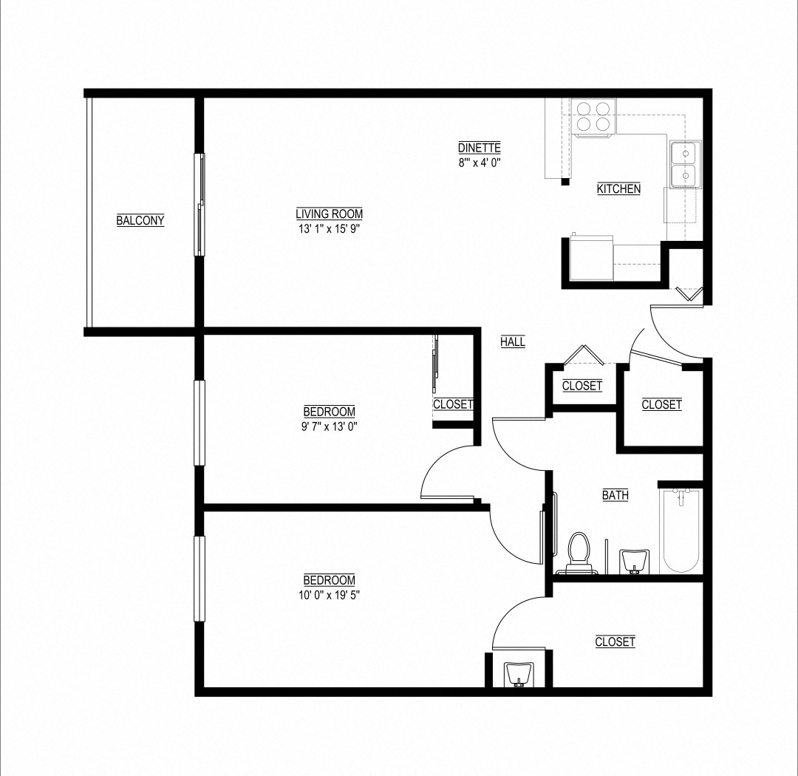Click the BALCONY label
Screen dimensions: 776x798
[140, 220]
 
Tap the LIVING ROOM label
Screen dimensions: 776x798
[329, 214]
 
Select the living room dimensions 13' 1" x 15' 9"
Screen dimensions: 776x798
[329, 229]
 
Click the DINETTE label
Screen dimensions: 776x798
[480, 147]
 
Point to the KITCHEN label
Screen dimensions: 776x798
[618, 189]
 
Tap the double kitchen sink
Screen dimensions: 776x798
[685, 166]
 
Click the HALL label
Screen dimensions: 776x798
[513, 342]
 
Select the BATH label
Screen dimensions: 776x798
[615, 495]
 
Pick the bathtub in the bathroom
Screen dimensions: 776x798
[681, 531]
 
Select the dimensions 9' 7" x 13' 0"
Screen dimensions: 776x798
[329, 426]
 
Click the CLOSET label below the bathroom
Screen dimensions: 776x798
[615, 642]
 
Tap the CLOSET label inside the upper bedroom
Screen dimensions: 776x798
[452, 404]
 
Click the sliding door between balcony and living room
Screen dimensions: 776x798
[199, 204]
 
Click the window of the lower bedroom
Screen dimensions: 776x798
[199, 579]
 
